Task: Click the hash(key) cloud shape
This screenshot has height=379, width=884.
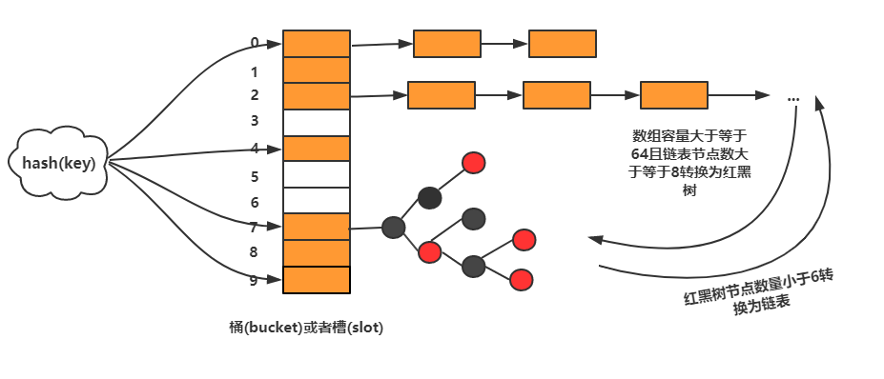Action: [x=58, y=163]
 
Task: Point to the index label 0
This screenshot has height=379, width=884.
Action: [x=255, y=43]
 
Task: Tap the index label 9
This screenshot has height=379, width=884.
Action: [x=254, y=280]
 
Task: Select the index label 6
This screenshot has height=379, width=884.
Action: [x=255, y=203]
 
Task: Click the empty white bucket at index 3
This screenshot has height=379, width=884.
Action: [x=317, y=122]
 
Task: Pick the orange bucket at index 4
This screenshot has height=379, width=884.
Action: [x=317, y=149]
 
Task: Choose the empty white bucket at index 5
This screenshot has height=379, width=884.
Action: [x=317, y=174]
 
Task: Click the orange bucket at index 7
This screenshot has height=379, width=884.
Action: [x=317, y=227]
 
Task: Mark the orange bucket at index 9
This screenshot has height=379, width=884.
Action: [x=317, y=279]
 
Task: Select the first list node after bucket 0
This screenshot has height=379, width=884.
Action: [x=446, y=44]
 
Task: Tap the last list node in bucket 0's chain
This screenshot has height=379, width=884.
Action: [x=563, y=44]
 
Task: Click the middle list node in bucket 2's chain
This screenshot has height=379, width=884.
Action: [x=557, y=95]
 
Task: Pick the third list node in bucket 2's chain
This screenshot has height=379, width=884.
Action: [x=673, y=95]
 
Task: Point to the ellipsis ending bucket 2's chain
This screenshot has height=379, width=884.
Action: [x=792, y=98]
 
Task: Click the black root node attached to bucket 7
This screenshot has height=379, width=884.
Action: [x=393, y=228]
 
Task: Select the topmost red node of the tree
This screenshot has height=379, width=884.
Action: [x=473, y=163]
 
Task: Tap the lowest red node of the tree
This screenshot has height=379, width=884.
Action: [x=521, y=280]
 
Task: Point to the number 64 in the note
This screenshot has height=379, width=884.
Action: [x=639, y=154]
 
